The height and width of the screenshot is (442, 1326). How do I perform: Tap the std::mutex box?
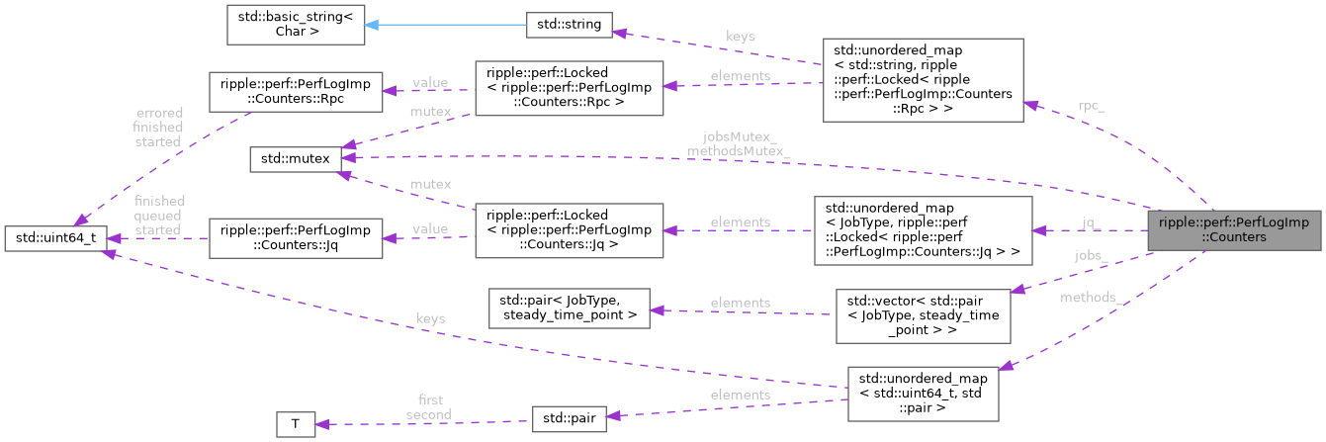[x=295, y=158]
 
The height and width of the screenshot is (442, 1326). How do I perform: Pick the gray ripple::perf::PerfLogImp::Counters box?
[x=1233, y=229]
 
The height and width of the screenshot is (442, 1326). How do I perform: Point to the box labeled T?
[x=295, y=424]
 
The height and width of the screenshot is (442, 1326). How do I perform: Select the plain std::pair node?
[x=568, y=418]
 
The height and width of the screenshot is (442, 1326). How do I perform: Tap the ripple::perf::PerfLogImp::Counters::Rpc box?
[x=294, y=91]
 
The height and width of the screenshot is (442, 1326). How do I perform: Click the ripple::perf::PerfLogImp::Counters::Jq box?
[x=294, y=237]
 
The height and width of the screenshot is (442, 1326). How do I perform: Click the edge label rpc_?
[x=1092, y=106]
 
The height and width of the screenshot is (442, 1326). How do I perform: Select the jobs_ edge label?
[x=1092, y=255]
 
